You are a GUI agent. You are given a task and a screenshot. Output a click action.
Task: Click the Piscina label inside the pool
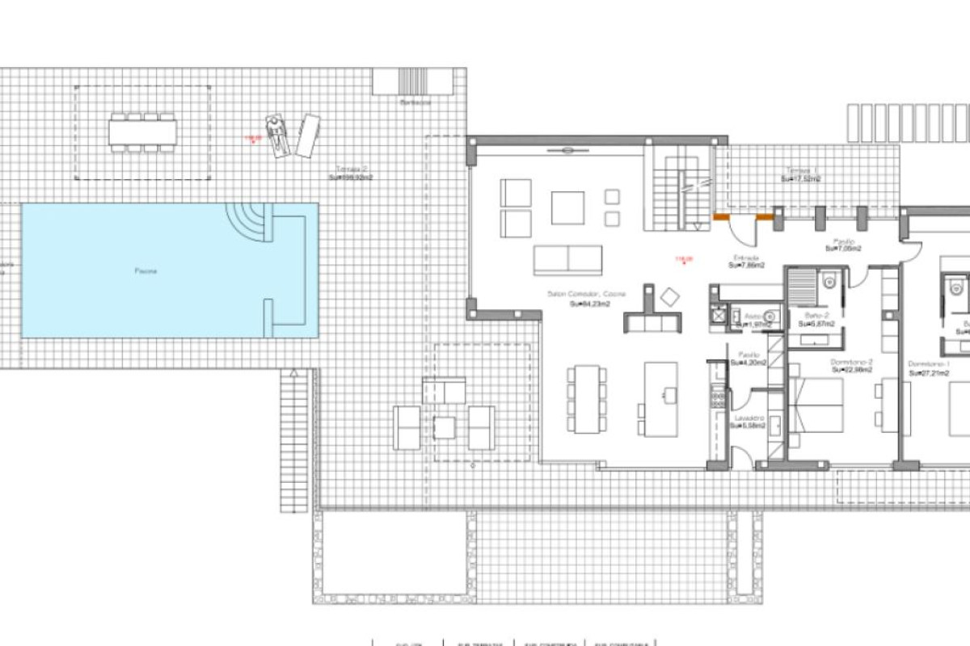point(146,271)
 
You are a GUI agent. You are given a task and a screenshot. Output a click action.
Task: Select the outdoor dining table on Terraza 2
point(143,132)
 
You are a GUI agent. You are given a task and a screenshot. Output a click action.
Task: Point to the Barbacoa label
point(415,103)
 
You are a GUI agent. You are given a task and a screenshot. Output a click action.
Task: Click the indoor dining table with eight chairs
point(587,400)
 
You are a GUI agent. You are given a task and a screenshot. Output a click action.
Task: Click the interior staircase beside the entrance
point(681,188)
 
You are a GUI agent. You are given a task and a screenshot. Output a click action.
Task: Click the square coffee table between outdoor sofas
point(445,426)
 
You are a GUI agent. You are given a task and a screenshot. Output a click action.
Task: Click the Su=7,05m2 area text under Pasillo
point(843,249)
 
